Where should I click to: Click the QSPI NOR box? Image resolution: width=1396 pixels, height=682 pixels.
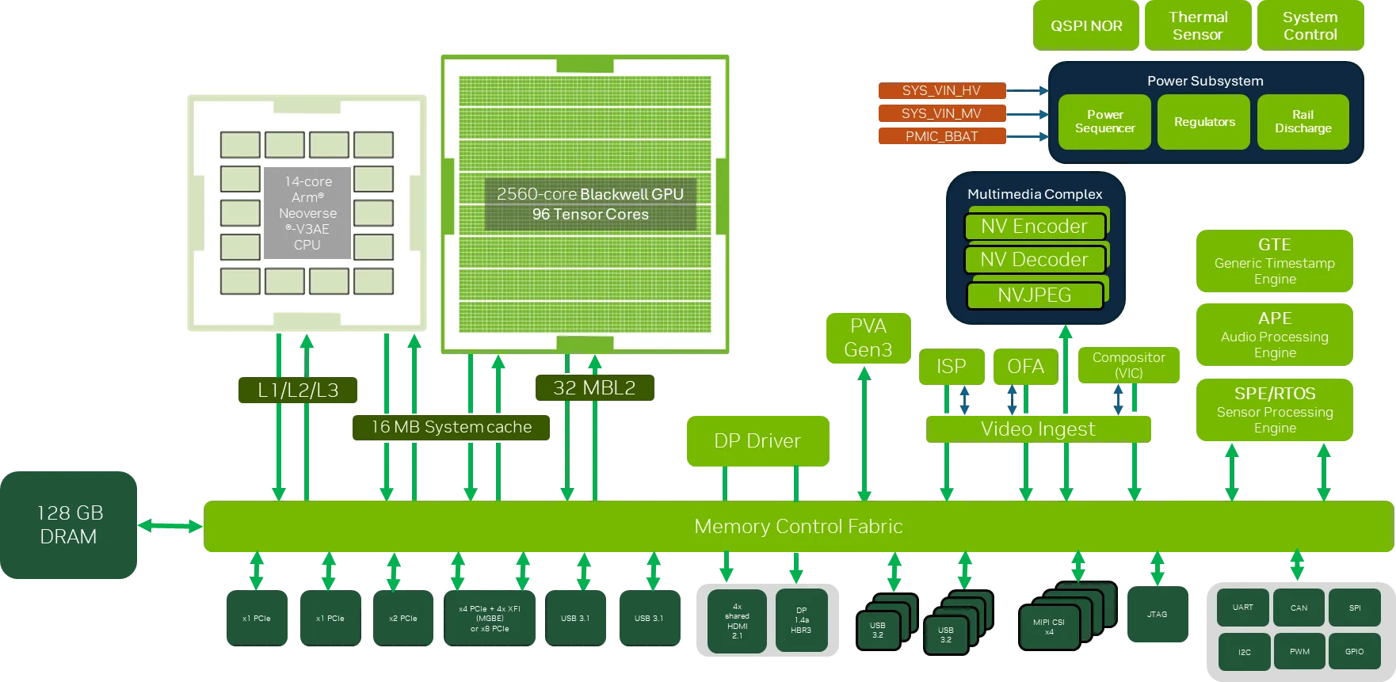[1086, 26]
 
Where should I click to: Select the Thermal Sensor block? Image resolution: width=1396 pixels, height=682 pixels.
[1198, 26]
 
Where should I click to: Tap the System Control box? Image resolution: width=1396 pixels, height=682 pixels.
[1310, 26]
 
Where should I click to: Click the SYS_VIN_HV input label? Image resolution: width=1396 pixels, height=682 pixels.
[941, 90]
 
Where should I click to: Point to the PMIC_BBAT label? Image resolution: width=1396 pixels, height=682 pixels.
[941, 136]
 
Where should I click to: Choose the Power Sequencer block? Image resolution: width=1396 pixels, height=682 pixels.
[1104, 122]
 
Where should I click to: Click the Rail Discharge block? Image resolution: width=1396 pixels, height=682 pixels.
[1303, 122]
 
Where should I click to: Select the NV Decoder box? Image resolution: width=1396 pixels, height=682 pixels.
[1034, 260]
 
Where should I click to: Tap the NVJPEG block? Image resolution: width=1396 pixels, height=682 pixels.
[1034, 295]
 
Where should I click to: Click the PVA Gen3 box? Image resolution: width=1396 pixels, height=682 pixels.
[868, 338]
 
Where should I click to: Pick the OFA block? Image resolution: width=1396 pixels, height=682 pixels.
[1025, 367]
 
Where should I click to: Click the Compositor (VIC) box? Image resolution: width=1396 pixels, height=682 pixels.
[1128, 365]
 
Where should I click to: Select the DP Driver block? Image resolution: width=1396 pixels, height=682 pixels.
[757, 441]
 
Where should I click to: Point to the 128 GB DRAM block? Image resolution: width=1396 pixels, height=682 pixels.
[70, 524]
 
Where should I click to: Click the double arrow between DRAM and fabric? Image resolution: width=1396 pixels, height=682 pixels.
[170, 525]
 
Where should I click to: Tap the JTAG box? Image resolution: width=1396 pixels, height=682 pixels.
[1157, 615]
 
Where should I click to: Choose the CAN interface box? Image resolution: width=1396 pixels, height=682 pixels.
[1299, 608]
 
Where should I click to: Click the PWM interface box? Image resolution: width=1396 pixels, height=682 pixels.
[1299, 652]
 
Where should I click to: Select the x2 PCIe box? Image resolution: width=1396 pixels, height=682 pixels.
[402, 619]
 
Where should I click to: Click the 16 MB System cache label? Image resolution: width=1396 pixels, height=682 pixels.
[451, 428]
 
